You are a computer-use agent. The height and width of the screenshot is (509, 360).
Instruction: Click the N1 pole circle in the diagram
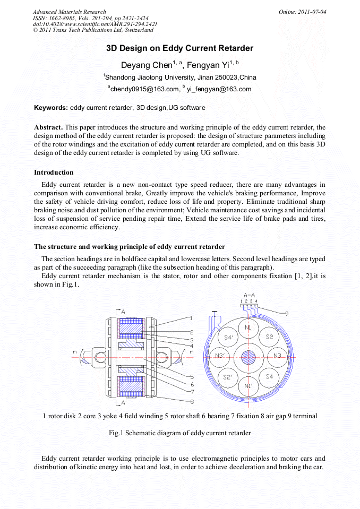point(248,329)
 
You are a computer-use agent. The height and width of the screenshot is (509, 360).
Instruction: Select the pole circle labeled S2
point(269,337)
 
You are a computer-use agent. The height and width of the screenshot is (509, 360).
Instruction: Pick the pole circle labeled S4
point(269,376)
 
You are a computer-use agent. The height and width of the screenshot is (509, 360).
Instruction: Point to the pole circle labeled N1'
point(248,385)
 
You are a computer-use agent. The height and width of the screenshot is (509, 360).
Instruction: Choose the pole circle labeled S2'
point(227,377)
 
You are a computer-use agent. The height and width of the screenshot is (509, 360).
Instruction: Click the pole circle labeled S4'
point(228,337)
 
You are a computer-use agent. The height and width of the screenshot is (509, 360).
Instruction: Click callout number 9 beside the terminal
point(287,314)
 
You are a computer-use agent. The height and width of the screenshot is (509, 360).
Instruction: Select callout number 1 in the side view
point(191,318)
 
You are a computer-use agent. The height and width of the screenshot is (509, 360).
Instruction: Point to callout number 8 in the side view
point(192,401)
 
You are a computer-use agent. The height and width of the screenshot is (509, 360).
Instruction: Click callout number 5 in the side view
point(191,376)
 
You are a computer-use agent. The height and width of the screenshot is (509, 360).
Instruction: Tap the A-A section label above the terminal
point(249,295)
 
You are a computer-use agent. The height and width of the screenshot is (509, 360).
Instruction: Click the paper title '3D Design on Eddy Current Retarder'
point(179,48)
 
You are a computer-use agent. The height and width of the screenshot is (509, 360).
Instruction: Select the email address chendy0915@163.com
point(143,89)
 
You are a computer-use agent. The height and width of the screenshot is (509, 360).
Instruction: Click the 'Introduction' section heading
point(54,172)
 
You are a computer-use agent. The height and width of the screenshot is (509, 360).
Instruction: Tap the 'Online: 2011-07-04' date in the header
point(302,12)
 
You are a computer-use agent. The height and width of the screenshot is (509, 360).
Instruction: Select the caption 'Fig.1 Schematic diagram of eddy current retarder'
point(179,433)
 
